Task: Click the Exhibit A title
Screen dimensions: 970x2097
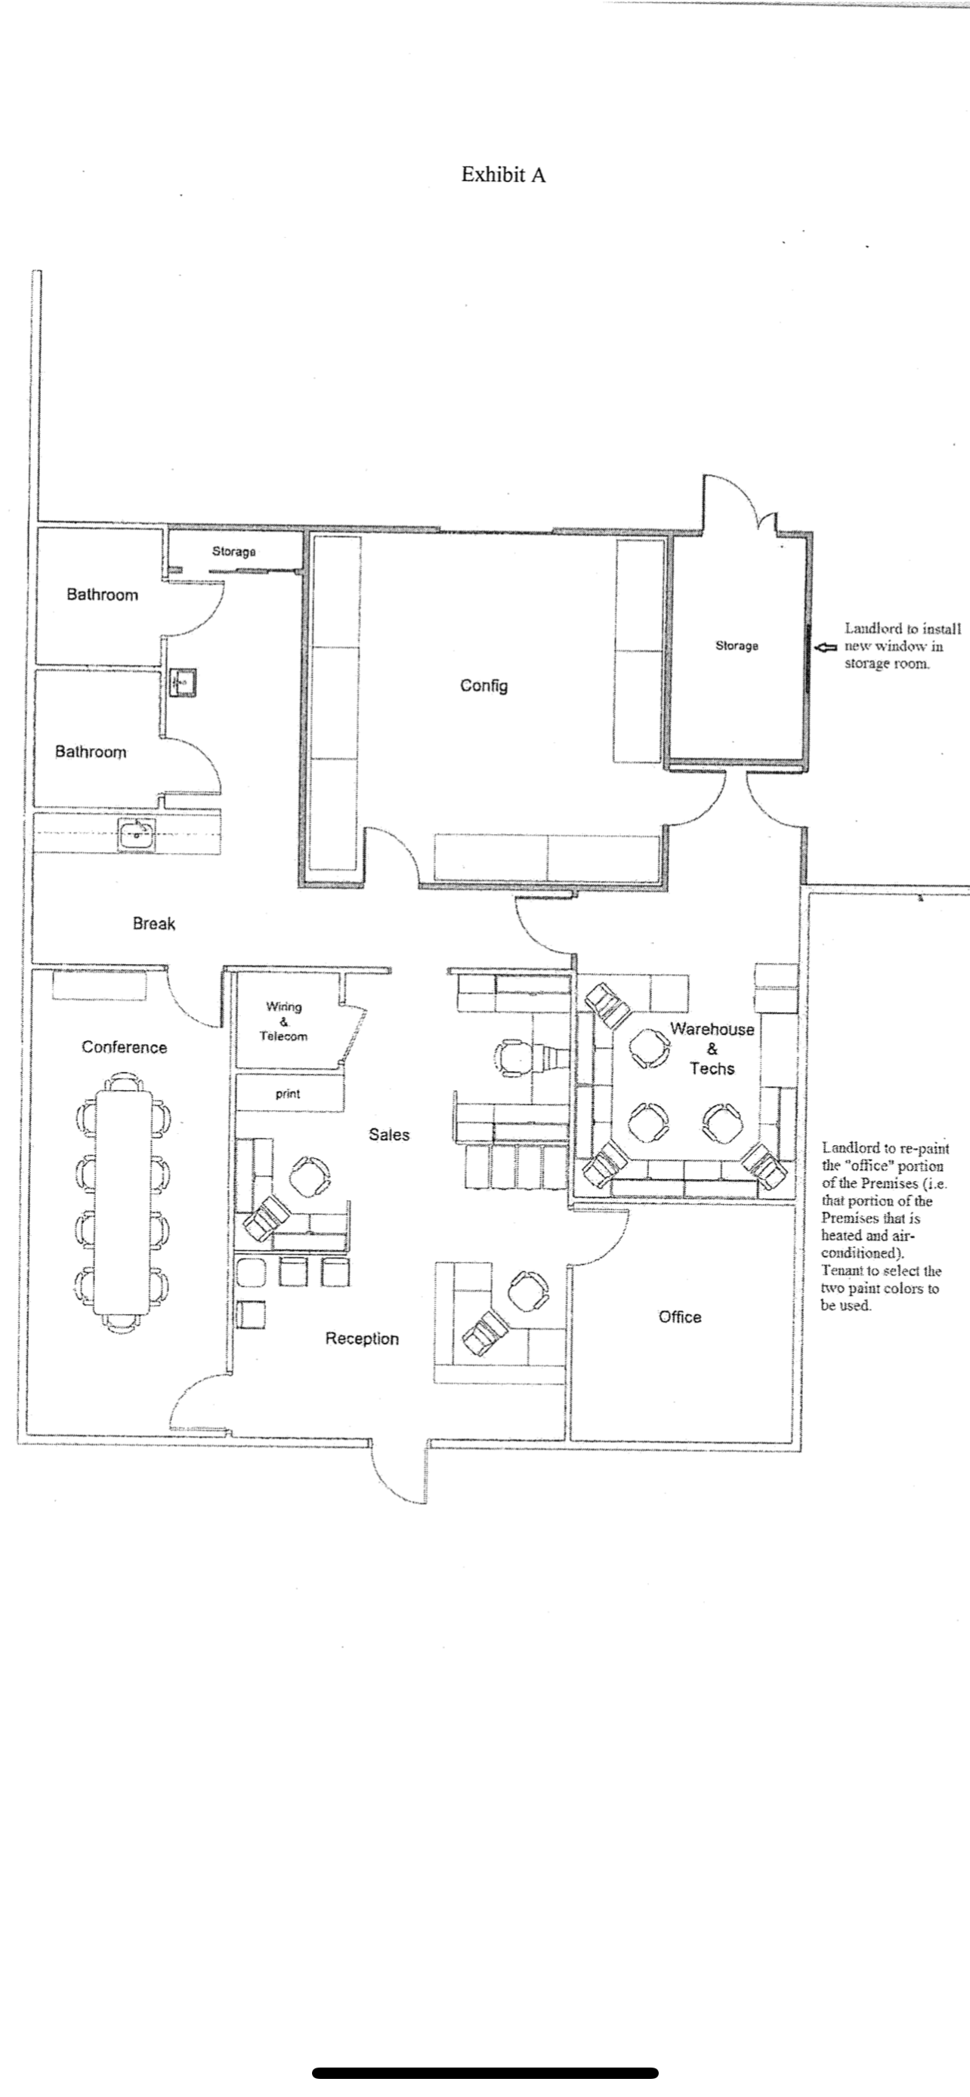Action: [502, 175]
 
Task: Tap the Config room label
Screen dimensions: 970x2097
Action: [483, 685]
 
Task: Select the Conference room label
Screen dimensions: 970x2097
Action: [124, 1048]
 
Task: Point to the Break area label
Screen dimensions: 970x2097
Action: [154, 923]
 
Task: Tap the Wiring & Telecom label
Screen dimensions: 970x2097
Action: [283, 1021]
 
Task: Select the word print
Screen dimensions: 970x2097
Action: [288, 1094]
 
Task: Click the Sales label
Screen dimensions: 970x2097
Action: [388, 1135]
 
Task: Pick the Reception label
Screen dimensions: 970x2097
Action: [362, 1339]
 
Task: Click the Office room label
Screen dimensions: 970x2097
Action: [679, 1317]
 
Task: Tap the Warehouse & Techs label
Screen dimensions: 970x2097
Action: [712, 1048]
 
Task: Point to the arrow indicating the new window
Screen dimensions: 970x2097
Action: [826, 647]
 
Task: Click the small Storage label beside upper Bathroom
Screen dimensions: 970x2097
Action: [233, 552]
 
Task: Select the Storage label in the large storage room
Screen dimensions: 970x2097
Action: [737, 645]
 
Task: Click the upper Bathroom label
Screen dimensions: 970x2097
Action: [103, 595]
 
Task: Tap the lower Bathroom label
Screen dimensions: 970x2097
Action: [91, 752]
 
